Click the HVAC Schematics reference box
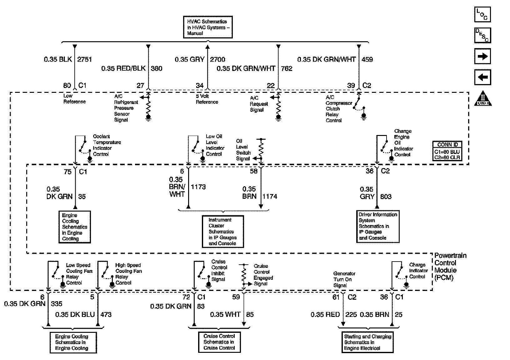pos(208,27)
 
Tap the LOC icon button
pos(482,15)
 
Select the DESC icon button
pos(482,35)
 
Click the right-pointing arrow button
pos(482,56)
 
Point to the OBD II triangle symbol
pos(483,98)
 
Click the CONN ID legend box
pos(447,151)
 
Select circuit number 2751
pos(84,59)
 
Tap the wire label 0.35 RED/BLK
pos(123,68)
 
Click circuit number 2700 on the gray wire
pos(217,59)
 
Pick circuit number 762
pos(287,68)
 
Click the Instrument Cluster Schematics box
pos(223,231)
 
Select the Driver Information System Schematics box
pos(378,226)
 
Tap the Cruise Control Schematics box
pos(219,342)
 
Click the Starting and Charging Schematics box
pos(367,342)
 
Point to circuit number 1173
pos(198,187)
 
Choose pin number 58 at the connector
pos(254,171)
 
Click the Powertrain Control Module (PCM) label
pos(450,267)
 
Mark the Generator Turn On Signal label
pos(344,279)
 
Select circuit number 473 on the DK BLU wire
pos(106,314)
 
